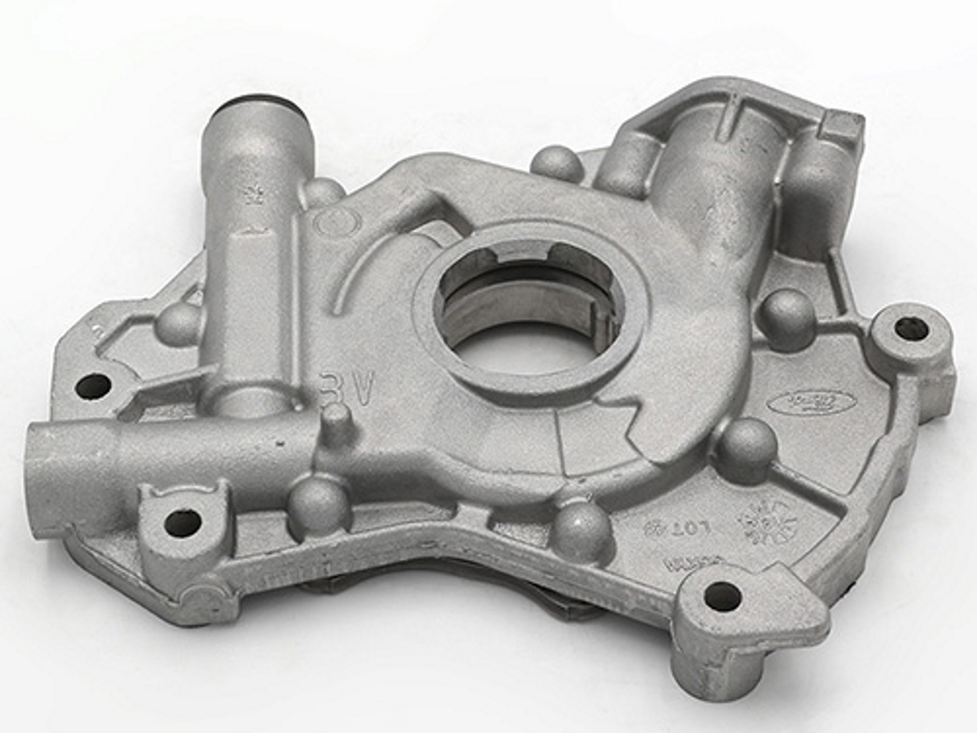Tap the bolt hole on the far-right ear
(x=905, y=328)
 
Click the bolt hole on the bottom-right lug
(x=722, y=594)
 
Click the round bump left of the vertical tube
(x=178, y=322)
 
